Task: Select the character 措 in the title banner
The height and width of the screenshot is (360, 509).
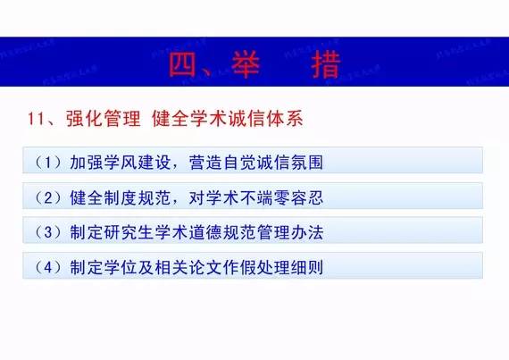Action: coord(326,63)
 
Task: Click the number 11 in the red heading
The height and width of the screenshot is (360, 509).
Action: coord(37,119)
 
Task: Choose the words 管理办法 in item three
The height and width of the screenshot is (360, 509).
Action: coord(291,232)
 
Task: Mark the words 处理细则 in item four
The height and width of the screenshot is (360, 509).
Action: coord(291,267)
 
